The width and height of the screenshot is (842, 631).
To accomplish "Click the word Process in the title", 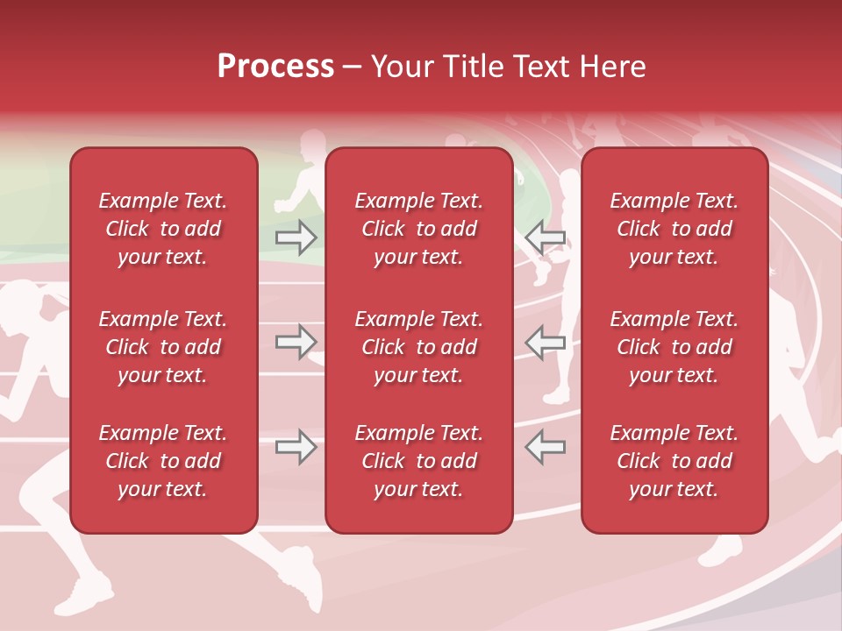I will tap(275, 67).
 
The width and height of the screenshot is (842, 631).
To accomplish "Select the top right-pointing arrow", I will tap(296, 237).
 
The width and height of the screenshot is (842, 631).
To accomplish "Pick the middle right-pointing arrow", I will tap(296, 342).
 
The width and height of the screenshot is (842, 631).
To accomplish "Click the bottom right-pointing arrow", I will tap(296, 447).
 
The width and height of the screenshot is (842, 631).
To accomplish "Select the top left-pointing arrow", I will tap(545, 237).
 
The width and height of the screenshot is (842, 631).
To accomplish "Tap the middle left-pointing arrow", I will tap(545, 342).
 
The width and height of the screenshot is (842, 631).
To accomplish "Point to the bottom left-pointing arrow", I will tap(545, 447).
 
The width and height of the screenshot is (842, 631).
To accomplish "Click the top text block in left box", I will tap(163, 229).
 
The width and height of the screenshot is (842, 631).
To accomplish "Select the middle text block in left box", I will tap(163, 347).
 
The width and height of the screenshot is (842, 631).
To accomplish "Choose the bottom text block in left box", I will tap(163, 461).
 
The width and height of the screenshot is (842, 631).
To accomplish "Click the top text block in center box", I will tap(419, 229).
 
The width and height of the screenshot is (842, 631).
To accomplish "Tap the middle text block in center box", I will tap(419, 347).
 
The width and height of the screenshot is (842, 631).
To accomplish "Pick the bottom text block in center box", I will tap(419, 461).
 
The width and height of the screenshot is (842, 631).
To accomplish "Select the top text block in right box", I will tap(674, 229).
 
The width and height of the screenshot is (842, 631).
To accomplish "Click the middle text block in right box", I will tap(674, 347).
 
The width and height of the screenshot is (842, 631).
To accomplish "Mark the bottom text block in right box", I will tap(674, 461).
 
